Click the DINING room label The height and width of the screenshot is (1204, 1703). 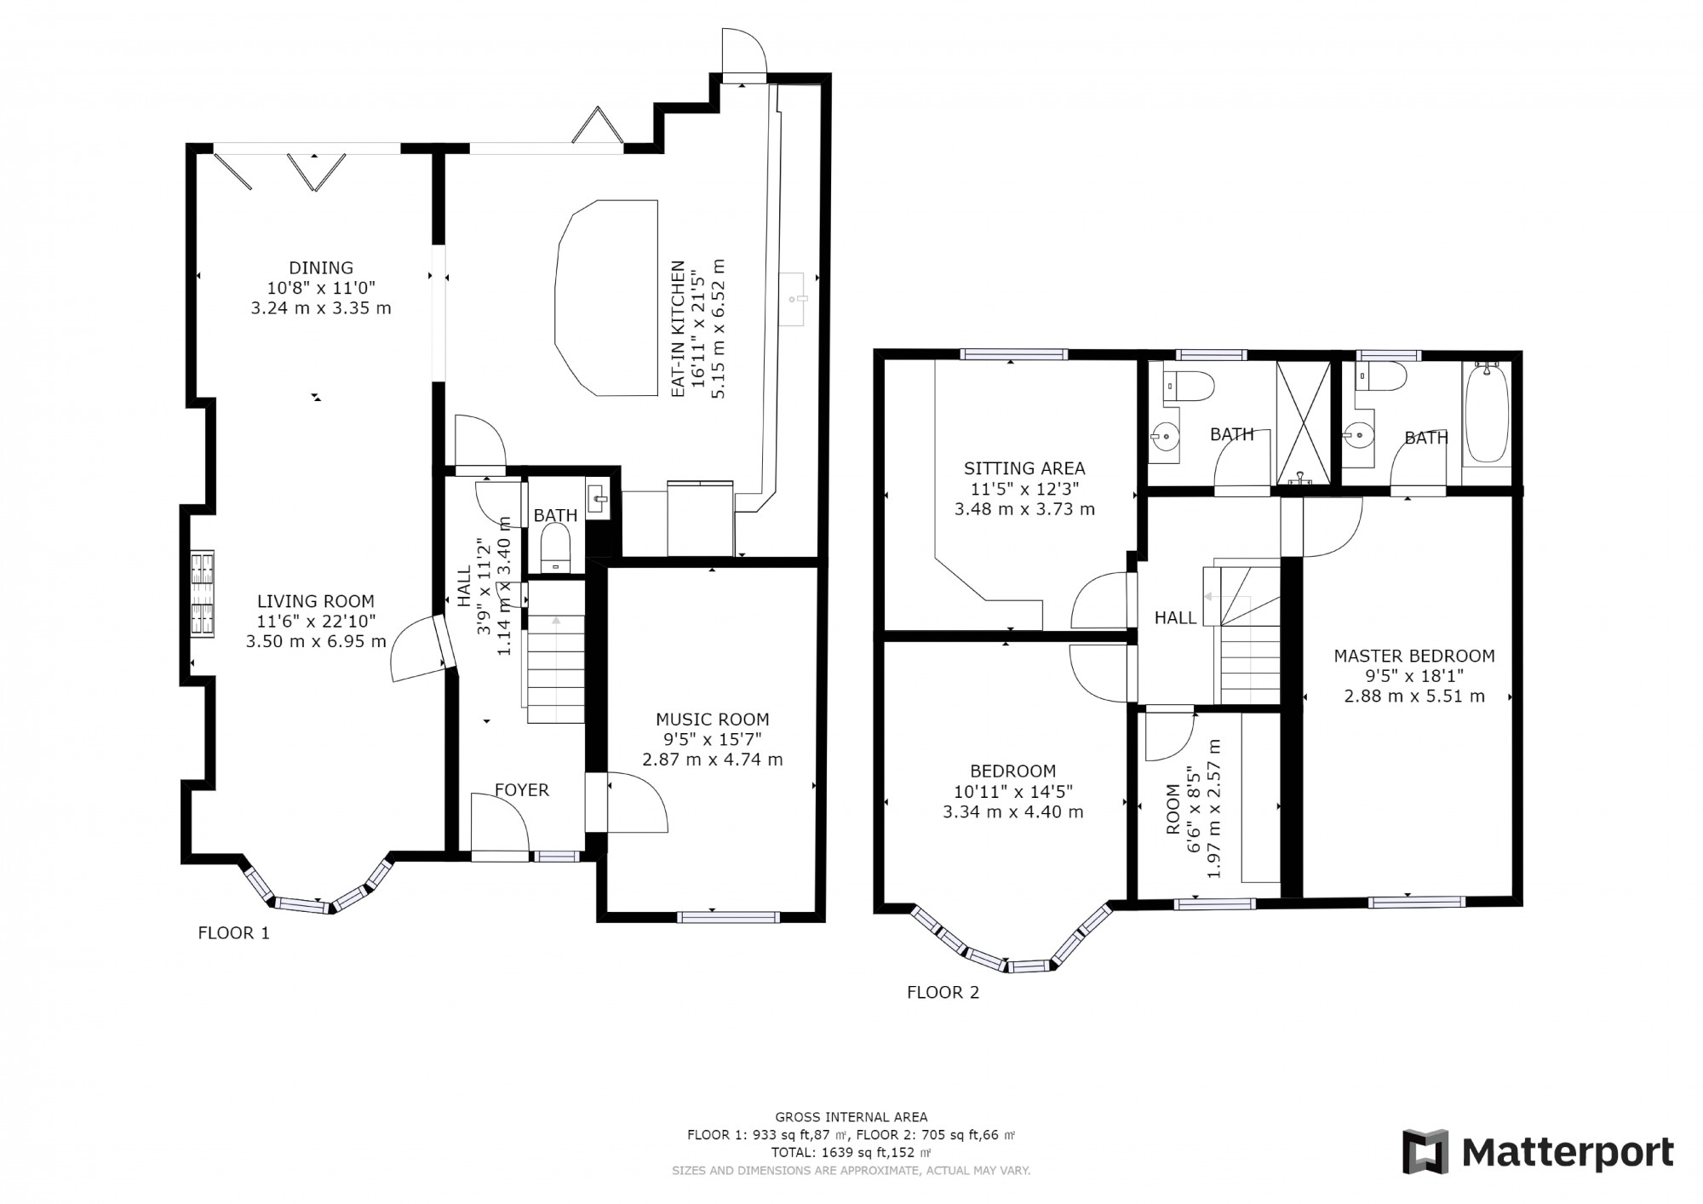(x=320, y=267)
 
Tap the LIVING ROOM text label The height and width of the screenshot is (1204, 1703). (x=316, y=601)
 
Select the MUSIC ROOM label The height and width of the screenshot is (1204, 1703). (x=712, y=720)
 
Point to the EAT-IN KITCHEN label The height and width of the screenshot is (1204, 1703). (x=679, y=329)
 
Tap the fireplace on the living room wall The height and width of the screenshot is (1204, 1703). (x=202, y=594)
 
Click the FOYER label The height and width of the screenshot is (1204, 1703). (x=521, y=790)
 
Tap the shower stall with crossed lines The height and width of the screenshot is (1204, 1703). (x=1303, y=421)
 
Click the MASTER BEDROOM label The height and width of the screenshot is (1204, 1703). (x=1413, y=656)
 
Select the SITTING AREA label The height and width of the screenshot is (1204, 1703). (x=1024, y=468)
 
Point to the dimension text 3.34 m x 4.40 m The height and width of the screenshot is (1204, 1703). (x=1012, y=812)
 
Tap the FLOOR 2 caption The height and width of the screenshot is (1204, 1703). (x=943, y=992)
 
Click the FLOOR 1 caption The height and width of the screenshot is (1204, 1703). (x=233, y=933)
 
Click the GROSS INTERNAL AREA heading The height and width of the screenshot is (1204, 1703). (x=851, y=1117)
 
